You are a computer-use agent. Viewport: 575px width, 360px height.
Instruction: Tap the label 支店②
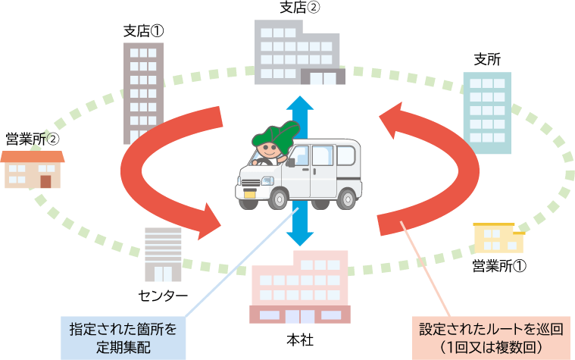(x=298, y=10)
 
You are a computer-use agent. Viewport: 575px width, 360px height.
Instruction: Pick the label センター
(x=162, y=295)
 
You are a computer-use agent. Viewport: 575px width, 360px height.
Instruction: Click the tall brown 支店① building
(x=143, y=91)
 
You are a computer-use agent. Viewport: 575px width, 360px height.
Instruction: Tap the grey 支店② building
(x=298, y=53)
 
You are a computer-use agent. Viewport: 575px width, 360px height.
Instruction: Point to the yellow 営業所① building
(x=498, y=239)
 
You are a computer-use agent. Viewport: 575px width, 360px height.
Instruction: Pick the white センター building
(x=163, y=254)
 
